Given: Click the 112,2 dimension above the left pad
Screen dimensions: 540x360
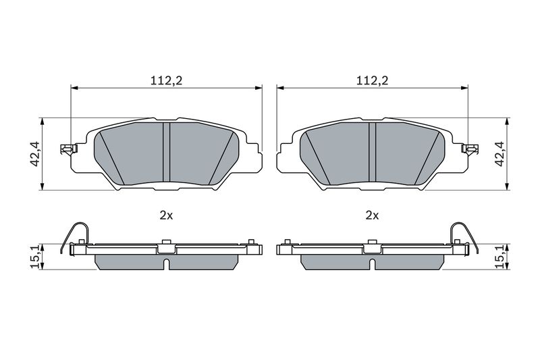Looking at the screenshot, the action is [x=166, y=80].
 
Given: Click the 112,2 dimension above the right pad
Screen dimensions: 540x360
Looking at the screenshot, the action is [x=372, y=80].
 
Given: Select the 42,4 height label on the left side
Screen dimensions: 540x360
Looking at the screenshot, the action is [x=36, y=154].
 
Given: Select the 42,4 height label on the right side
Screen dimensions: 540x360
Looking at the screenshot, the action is [x=500, y=154].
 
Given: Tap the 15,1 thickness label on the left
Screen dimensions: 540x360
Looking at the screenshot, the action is [x=36, y=257].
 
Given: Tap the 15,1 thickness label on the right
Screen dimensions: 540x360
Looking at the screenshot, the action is [x=500, y=257].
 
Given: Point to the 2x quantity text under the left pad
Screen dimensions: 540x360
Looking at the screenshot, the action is [x=166, y=215].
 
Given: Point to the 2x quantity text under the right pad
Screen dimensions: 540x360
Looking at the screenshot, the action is [x=372, y=215].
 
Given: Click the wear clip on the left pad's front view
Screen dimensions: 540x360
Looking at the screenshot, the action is [x=69, y=149].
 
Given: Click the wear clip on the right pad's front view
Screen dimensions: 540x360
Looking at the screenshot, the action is [x=470, y=149].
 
